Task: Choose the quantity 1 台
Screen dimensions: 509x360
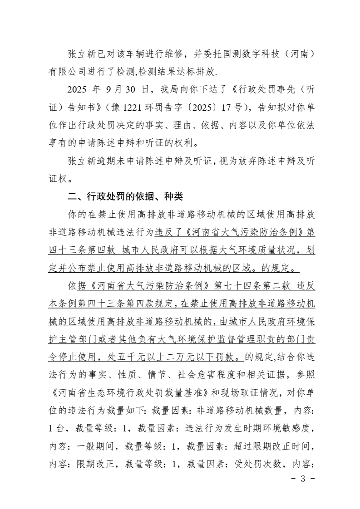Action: tap(56, 429)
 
